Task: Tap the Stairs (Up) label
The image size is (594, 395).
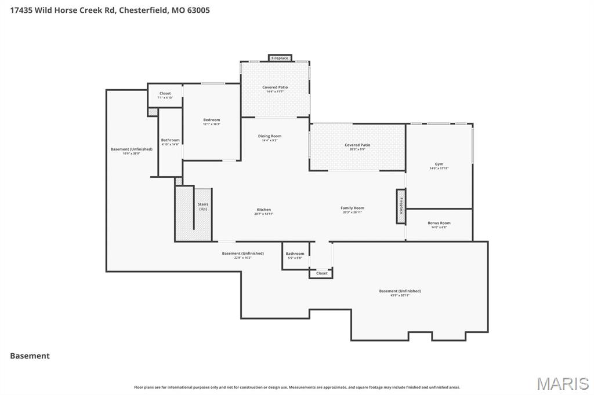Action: (x=203, y=206)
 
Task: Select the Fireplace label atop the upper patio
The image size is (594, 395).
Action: (x=280, y=58)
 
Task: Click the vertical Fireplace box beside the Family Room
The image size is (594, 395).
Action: (x=400, y=206)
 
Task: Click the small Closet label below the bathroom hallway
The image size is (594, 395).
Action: (x=321, y=273)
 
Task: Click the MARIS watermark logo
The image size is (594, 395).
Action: (x=562, y=383)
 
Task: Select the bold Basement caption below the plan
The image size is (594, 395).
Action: (x=30, y=356)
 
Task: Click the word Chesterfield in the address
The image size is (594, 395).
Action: (x=143, y=10)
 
